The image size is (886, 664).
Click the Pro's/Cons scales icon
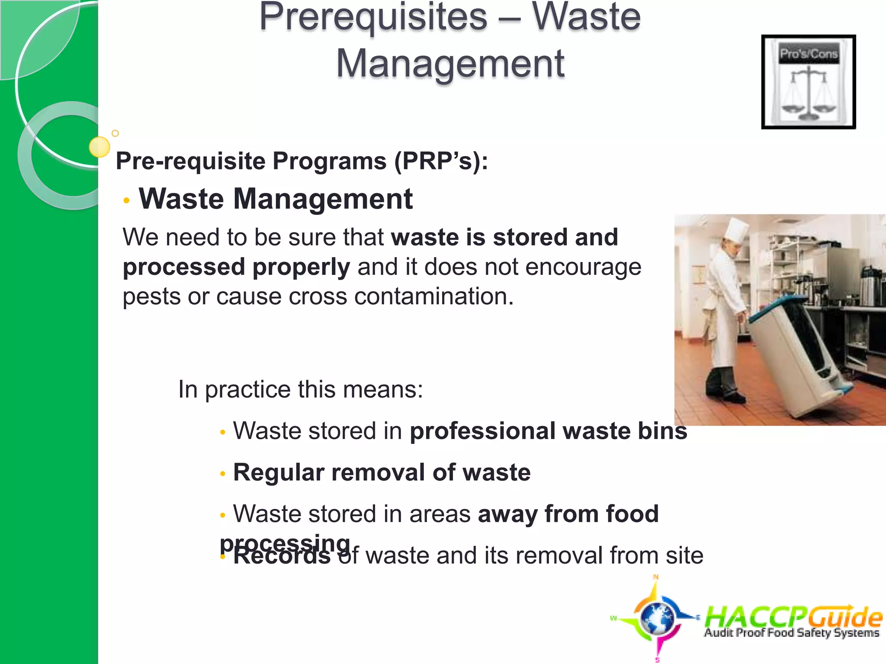[x=808, y=82]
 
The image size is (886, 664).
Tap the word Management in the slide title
[x=450, y=64]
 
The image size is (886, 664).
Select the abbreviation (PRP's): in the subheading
[x=441, y=161]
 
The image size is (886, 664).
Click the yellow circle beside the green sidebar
[x=99, y=147]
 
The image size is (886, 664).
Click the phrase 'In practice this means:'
[x=300, y=389]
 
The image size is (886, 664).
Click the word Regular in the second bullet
[x=278, y=472]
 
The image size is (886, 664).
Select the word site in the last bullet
[x=684, y=555]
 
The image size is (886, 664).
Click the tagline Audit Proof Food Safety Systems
[x=792, y=633]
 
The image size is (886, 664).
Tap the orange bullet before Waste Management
[x=126, y=200]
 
